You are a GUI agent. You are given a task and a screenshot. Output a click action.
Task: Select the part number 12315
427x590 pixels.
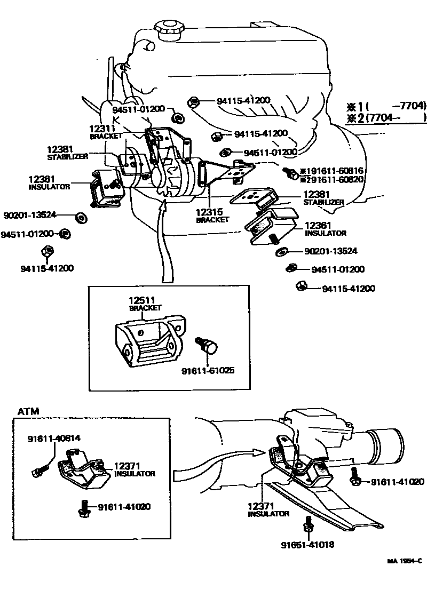pos(209,212)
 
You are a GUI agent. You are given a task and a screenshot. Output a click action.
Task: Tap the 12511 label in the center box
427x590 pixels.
pos(141,300)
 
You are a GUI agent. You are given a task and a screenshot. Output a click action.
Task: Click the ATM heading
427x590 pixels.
pos(28,411)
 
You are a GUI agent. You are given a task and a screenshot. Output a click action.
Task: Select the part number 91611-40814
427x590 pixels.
pos(54,438)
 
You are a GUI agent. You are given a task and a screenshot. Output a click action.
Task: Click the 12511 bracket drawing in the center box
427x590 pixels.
pos(149,341)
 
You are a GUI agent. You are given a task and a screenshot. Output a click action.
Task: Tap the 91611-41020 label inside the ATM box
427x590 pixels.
pos(124,506)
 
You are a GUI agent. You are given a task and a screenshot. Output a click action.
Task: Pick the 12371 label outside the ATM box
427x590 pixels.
pos(260,505)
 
